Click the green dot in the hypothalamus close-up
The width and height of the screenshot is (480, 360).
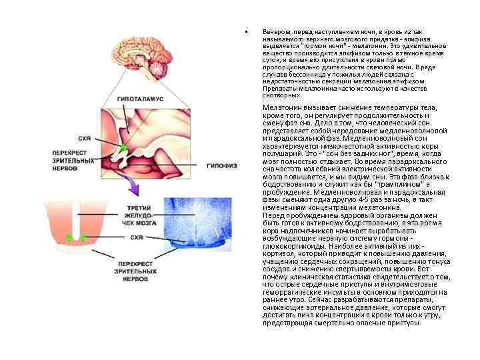123,147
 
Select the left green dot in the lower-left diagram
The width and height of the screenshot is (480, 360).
68,237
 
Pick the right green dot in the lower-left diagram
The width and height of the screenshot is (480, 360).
83,237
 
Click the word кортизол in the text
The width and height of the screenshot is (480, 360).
278,253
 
